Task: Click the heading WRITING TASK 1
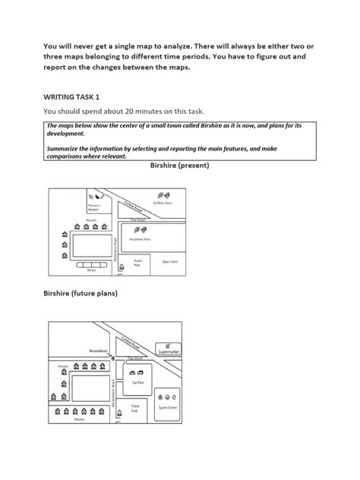(77, 96)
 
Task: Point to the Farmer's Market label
(94, 206)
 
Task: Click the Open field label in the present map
(169, 262)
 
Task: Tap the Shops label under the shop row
(91, 269)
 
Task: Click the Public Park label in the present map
(137, 263)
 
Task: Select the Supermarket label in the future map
(168, 352)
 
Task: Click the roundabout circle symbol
(112, 357)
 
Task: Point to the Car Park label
(138, 384)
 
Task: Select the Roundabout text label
(98, 351)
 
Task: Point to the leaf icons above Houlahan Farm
(141, 228)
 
